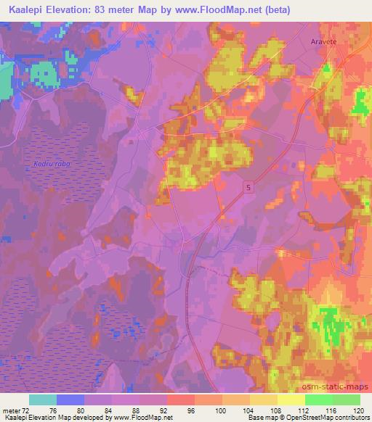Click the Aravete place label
click(x=324, y=43)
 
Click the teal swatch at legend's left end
click(x=43, y=400)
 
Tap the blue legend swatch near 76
click(x=70, y=400)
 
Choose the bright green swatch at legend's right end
click(x=347, y=400)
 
